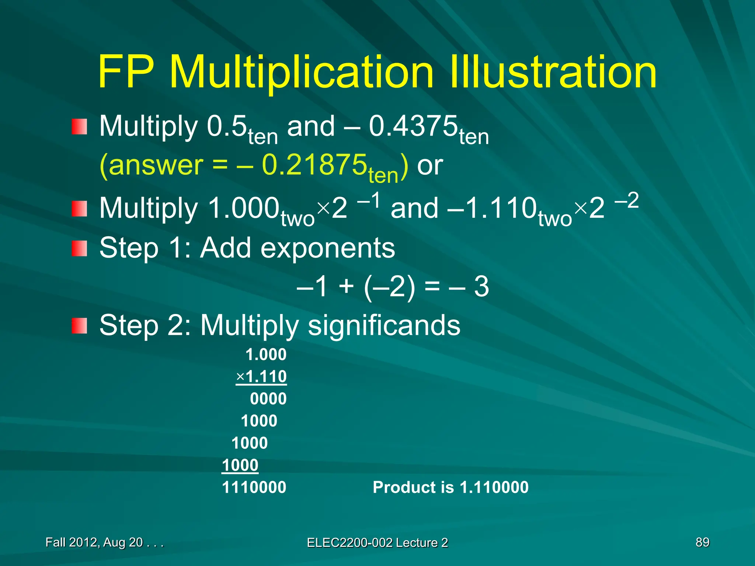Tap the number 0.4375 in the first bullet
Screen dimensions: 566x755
[x=413, y=126]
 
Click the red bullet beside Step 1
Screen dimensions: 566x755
[x=79, y=248]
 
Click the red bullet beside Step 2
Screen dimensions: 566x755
[x=79, y=326]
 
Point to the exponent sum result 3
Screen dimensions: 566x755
[x=481, y=286]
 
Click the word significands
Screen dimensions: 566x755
[x=384, y=325]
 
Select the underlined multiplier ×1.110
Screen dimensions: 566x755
[x=262, y=377]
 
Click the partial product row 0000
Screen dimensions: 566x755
[x=268, y=399]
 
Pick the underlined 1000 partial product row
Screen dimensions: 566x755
[x=240, y=465]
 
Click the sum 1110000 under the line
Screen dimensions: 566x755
[x=254, y=487]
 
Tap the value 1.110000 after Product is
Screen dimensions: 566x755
[x=494, y=487]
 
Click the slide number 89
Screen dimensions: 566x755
[x=702, y=542]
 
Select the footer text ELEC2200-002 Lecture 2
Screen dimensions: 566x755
[x=377, y=542]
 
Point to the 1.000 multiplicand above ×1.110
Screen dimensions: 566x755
[x=266, y=354]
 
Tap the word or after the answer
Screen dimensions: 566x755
[x=429, y=165]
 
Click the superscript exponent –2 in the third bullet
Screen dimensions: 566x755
[x=626, y=201]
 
